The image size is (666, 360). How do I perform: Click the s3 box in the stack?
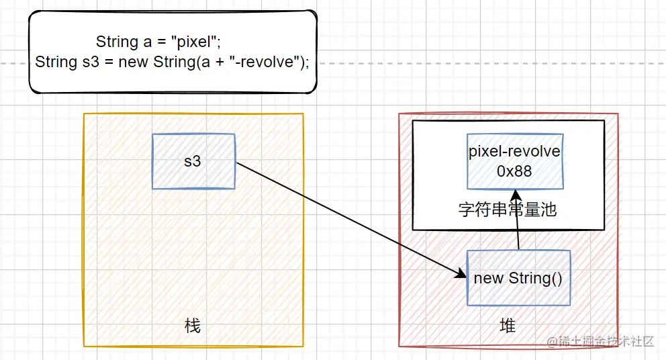pyautogui.click(x=193, y=161)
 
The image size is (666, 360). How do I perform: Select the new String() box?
pyautogui.click(x=518, y=278)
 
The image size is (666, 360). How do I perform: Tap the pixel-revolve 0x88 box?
pyautogui.click(x=514, y=161)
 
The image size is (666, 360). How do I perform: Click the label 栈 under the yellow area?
pyautogui.click(x=192, y=326)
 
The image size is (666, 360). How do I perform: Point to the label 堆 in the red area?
pyautogui.click(x=508, y=326)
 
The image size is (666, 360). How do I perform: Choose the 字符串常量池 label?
pyautogui.click(x=508, y=210)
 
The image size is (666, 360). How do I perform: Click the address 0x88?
pyautogui.click(x=514, y=171)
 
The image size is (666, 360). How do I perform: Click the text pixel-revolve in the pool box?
pyautogui.click(x=514, y=151)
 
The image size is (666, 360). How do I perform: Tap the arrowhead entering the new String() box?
pyautogui.click(x=462, y=274)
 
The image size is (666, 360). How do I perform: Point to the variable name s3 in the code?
pyautogui.click(x=91, y=62)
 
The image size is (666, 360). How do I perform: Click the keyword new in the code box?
pyautogui.click(x=132, y=62)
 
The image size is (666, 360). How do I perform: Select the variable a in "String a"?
pyautogui.click(x=148, y=42)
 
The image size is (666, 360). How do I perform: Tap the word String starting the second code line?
pyautogui.click(x=56, y=62)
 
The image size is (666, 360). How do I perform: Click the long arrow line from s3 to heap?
pyautogui.click(x=349, y=218)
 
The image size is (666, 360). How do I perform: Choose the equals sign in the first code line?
pyautogui.click(x=162, y=42)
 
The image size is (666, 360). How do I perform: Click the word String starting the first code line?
pyautogui.click(x=117, y=42)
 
